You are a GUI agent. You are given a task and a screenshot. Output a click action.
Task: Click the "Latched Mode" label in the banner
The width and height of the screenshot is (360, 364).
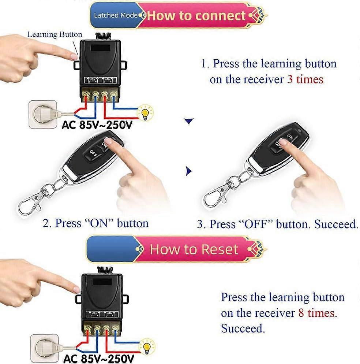pos(116,15)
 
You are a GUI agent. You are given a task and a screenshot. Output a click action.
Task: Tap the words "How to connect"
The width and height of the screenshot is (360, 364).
pos(196,16)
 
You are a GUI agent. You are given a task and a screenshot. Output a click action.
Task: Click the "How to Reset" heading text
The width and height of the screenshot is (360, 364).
pos(194,250)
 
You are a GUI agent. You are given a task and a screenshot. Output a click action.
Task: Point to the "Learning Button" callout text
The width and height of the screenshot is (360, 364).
pos(55,35)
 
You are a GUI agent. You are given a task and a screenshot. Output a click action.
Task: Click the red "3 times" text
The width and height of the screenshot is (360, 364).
pos(305,79)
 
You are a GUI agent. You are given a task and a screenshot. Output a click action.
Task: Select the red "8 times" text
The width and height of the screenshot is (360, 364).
pos(316,313)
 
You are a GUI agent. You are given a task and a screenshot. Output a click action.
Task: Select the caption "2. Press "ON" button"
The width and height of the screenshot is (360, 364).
pos(96,223)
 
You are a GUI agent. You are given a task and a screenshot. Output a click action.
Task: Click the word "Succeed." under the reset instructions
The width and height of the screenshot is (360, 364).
pos(243,328)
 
